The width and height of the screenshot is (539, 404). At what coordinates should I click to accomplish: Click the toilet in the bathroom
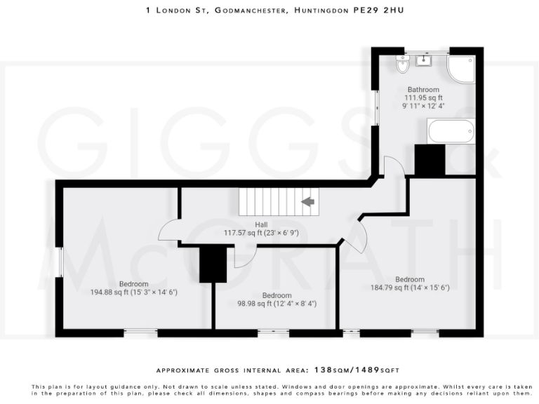(x=402, y=65)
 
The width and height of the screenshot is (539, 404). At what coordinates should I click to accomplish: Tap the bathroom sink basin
(x=425, y=61)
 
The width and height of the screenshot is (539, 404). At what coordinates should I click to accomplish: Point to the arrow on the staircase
(x=307, y=202)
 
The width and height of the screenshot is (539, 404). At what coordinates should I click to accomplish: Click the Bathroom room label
(x=423, y=90)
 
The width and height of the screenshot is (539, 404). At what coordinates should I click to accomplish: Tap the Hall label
(x=260, y=224)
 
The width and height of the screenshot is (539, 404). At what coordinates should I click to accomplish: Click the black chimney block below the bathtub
(x=430, y=160)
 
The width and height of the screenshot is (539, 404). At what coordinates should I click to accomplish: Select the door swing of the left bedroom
(x=168, y=230)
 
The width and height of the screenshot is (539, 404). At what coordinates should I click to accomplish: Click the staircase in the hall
(x=279, y=202)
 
